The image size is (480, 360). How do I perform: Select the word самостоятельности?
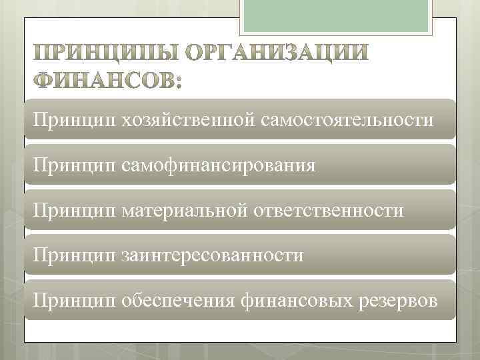[349, 120]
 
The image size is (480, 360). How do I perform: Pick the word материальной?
[185, 211]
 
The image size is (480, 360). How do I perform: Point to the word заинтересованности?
[212, 255]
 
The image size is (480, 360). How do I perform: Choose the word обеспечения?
[177, 301]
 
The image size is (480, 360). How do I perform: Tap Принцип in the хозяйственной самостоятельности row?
[71, 120]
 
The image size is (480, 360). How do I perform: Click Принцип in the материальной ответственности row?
[71, 211]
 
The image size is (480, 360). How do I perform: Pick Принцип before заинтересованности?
[71, 255]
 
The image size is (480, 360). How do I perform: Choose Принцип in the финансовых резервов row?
[71, 301]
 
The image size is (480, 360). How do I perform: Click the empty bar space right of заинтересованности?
[380, 255]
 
